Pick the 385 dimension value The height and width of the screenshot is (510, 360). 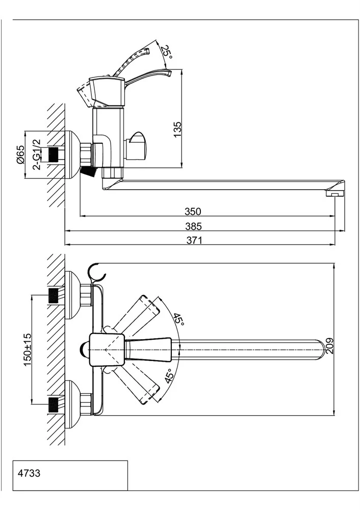tap(194, 226)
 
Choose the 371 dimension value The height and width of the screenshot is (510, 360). tap(194, 240)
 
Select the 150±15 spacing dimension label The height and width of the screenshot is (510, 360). tap(28, 349)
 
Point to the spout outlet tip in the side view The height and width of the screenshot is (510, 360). tap(335, 194)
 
